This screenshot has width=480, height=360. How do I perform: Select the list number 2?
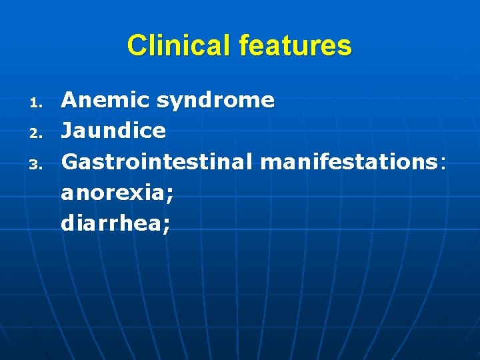point(37,133)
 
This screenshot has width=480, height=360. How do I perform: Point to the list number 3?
point(37,163)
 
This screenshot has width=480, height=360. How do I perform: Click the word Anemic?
point(105,100)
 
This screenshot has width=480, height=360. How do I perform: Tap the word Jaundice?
point(113,131)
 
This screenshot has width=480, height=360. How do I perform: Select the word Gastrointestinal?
point(158,161)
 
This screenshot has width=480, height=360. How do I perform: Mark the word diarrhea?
point(111,223)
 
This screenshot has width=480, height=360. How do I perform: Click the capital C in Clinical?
point(136,45)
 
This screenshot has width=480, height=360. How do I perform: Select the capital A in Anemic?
point(69,100)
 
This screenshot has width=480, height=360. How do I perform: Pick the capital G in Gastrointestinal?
point(70,161)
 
